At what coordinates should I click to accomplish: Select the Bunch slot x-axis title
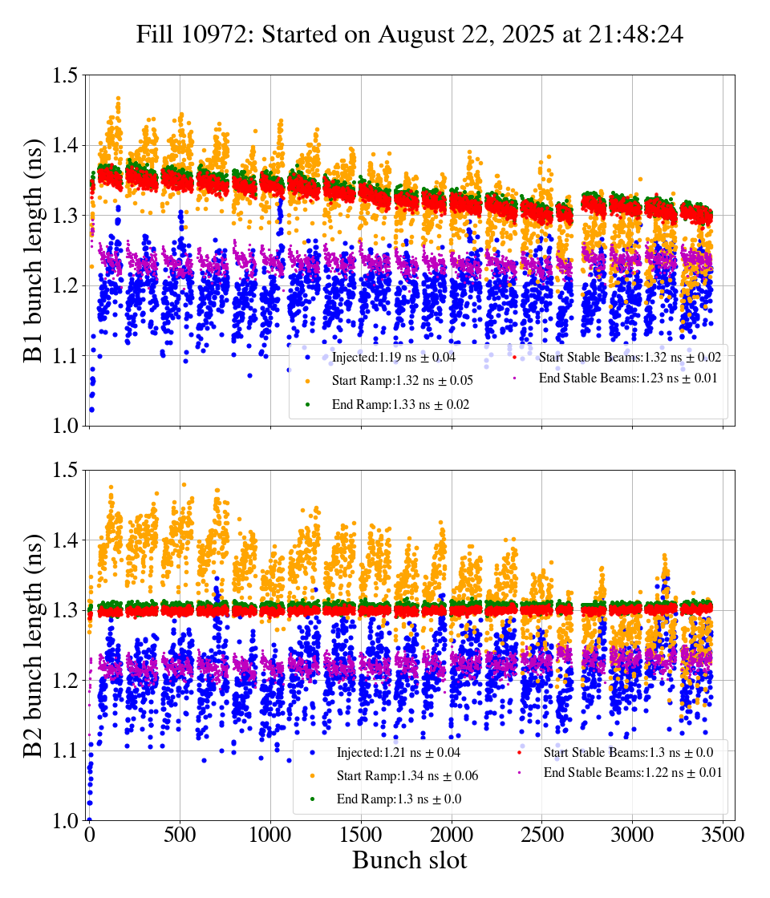tap(409, 861)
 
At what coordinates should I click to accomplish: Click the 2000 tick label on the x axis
tap(452, 835)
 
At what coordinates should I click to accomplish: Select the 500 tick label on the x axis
tap(180, 835)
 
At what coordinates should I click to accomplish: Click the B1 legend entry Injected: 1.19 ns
tap(392, 357)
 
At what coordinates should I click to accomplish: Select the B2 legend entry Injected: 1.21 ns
tap(397, 752)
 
